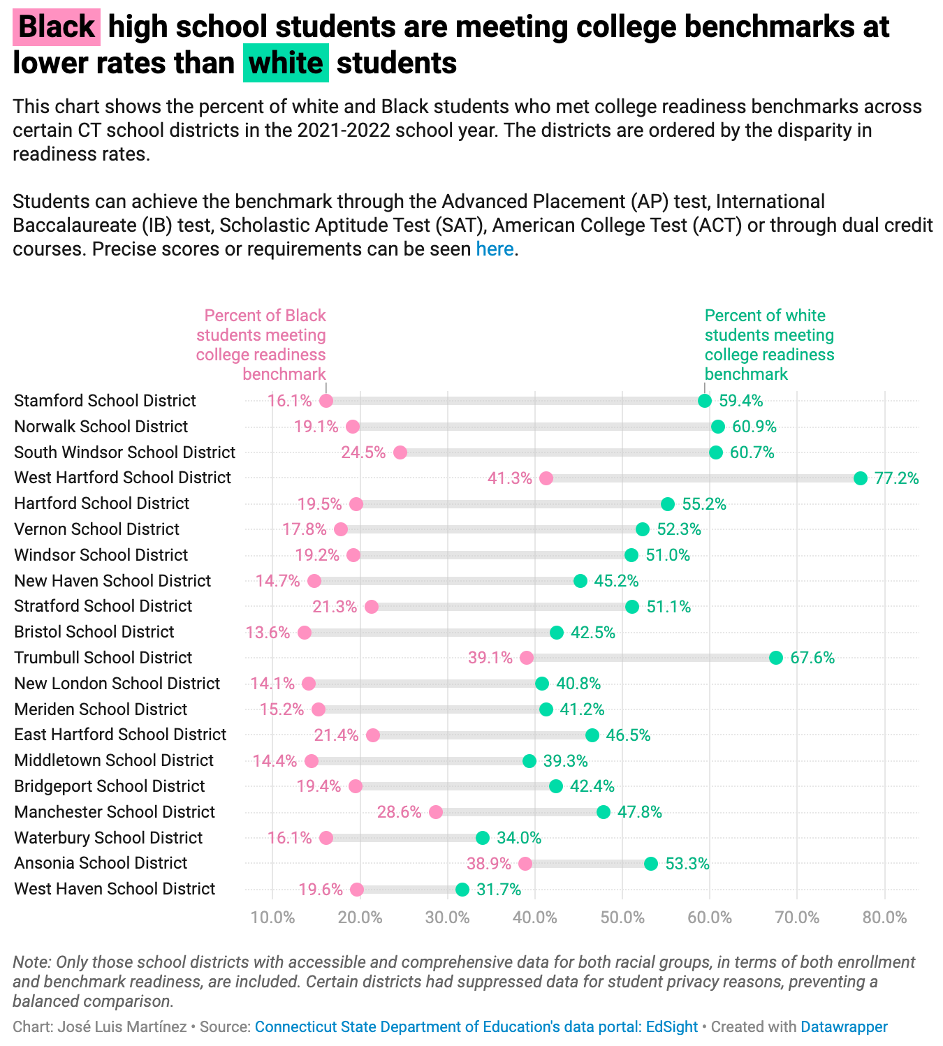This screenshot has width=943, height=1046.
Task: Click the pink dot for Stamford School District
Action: [326, 401]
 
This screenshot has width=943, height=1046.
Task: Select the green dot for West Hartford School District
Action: [861, 478]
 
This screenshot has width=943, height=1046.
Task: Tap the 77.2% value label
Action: [897, 478]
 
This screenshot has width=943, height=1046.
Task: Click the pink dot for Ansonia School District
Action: [525, 864]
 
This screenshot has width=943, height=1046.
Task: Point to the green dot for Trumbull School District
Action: [776, 658]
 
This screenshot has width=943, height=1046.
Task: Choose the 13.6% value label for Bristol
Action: [268, 633]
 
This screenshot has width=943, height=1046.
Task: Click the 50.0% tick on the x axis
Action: [622, 917]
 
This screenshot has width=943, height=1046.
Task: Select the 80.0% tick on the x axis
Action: [885, 917]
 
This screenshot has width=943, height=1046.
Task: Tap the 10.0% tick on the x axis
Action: [272, 917]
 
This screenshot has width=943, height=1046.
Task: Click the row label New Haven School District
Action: [112, 581]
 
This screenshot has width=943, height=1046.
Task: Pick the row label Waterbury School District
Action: [108, 838]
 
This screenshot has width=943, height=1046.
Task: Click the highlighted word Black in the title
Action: [57, 27]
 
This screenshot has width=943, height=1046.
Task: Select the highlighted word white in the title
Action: [286, 64]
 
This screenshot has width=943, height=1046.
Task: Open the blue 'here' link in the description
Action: [495, 249]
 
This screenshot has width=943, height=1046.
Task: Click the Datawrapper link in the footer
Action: [844, 1026]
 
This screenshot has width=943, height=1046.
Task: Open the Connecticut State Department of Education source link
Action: [476, 1026]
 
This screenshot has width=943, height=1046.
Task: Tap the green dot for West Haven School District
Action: [462, 890]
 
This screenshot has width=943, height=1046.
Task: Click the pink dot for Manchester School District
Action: [436, 812]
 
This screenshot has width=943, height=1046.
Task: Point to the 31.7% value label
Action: [499, 890]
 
